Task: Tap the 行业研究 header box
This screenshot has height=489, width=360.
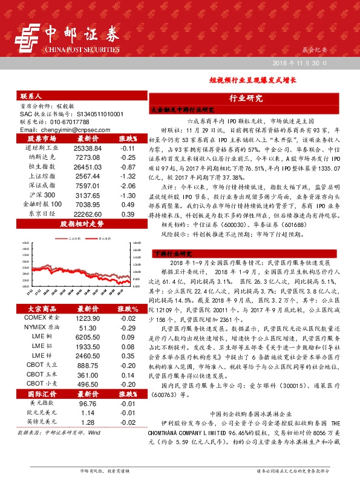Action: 246,98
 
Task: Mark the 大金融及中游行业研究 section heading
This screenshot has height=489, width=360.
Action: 183,110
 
